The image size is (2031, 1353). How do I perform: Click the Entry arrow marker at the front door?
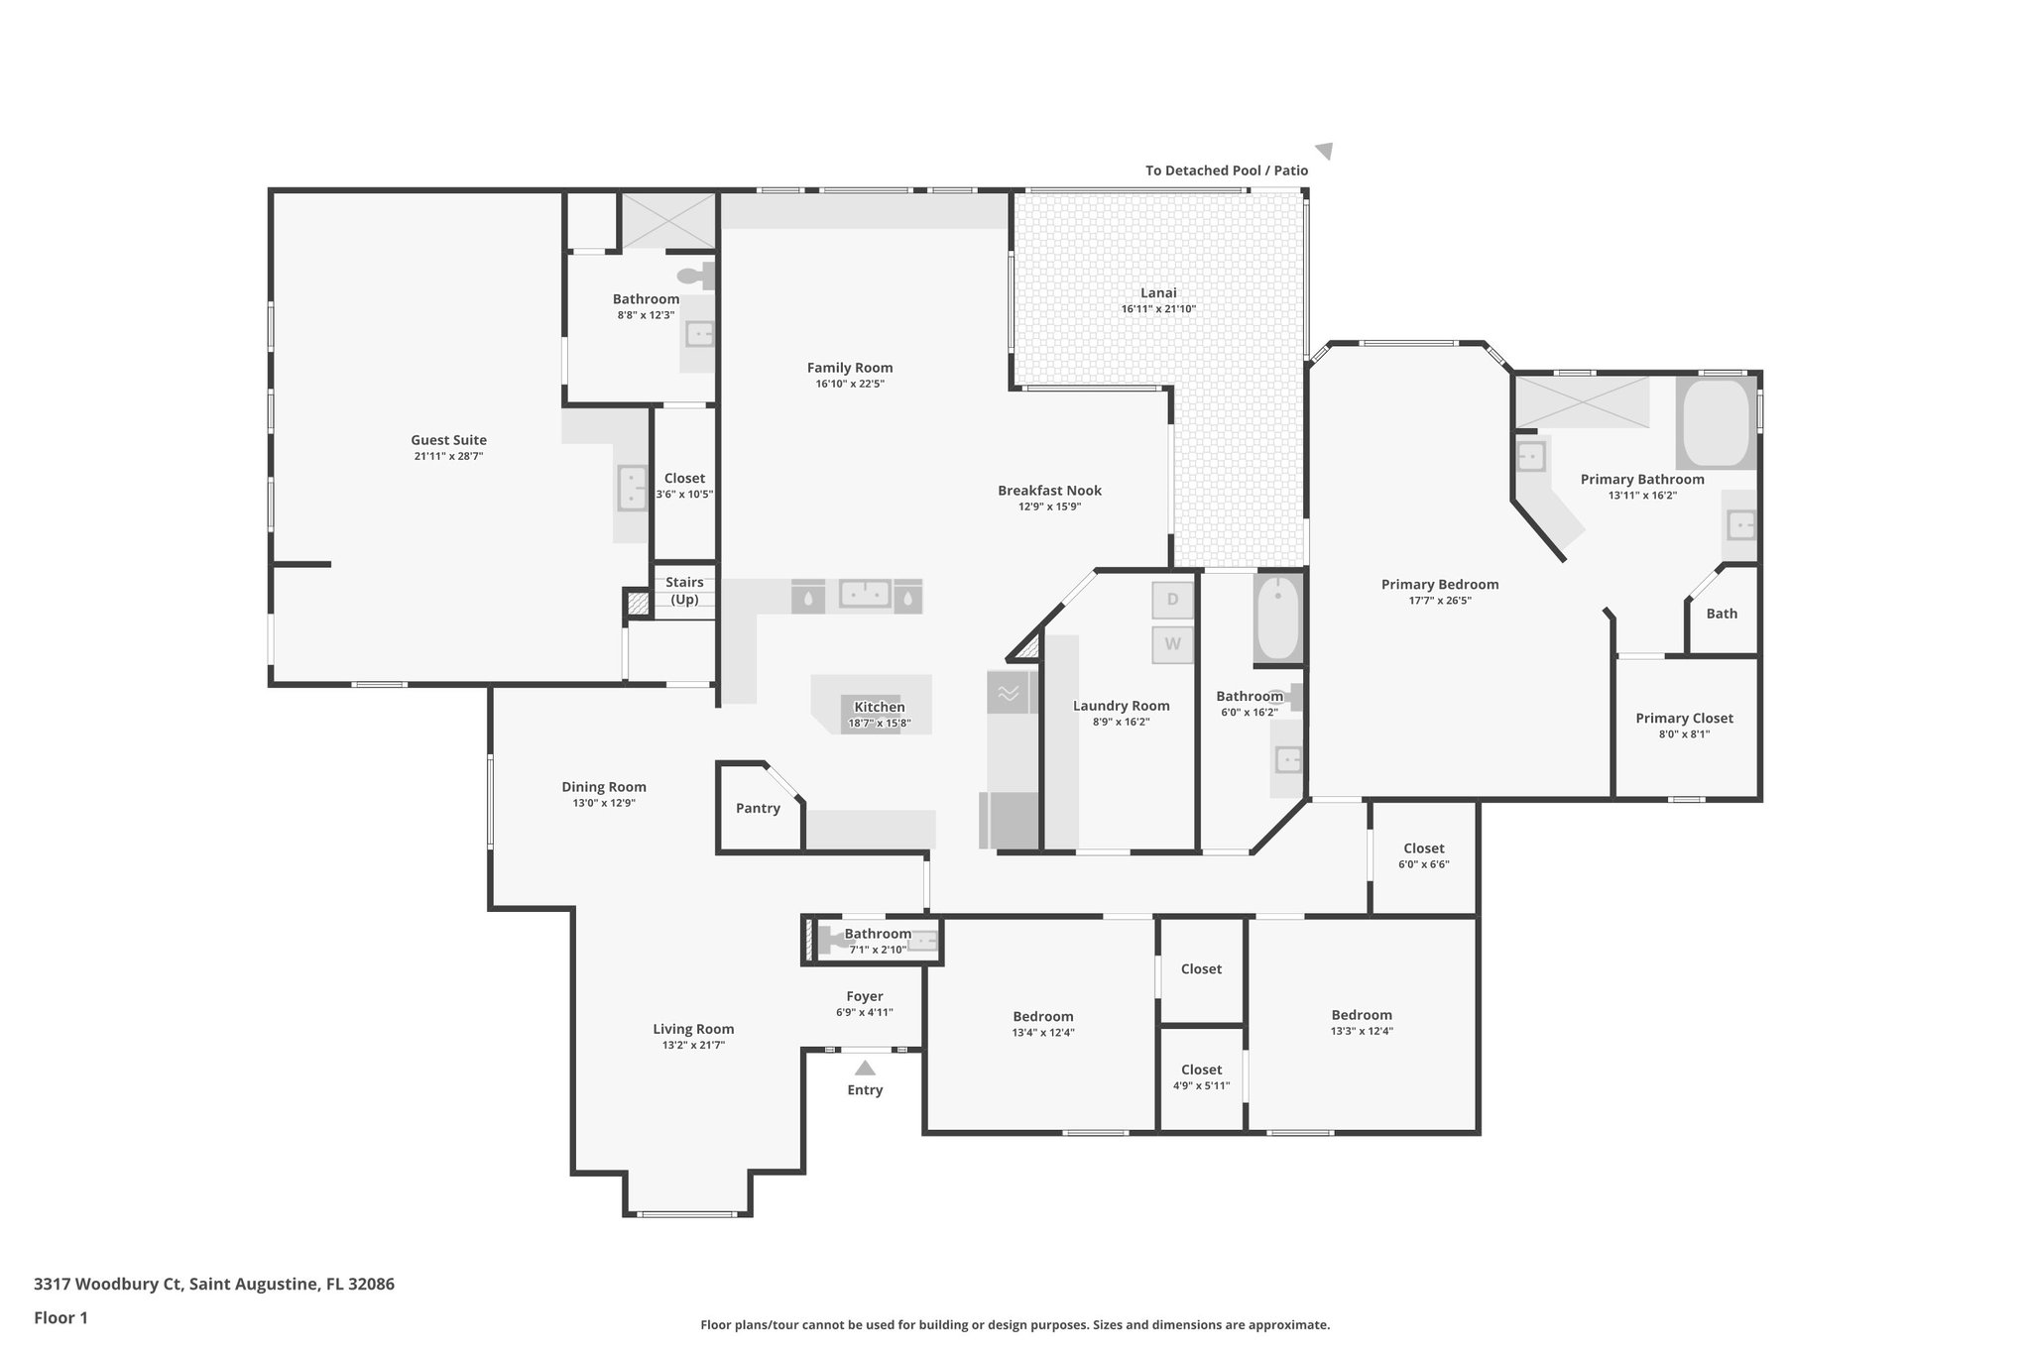point(865,1069)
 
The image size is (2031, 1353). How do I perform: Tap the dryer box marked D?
point(1172,600)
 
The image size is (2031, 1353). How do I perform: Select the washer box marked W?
point(1172,644)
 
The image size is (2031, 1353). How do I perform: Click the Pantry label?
point(758,808)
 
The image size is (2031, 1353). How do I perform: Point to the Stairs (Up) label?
point(684,591)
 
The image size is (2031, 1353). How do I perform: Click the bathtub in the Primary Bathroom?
point(1716,423)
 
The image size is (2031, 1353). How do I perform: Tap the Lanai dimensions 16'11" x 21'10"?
point(1158,309)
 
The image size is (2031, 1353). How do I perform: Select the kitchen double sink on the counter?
point(865,594)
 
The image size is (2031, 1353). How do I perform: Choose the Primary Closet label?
point(1684,718)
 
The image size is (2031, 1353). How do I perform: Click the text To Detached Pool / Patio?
point(1227,170)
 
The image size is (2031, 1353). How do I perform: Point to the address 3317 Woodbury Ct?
point(213,1284)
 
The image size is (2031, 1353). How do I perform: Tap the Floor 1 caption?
point(60,1317)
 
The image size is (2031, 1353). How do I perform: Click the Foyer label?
point(865,996)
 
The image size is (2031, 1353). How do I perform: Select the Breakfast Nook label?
point(1049,490)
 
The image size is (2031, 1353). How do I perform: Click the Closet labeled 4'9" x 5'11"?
point(1201,1077)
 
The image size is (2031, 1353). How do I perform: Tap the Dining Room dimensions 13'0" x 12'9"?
point(603,803)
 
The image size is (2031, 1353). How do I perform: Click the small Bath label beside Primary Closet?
point(1722,614)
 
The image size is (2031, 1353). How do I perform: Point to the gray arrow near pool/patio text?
point(1325,151)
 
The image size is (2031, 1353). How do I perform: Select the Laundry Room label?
point(1121,706)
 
